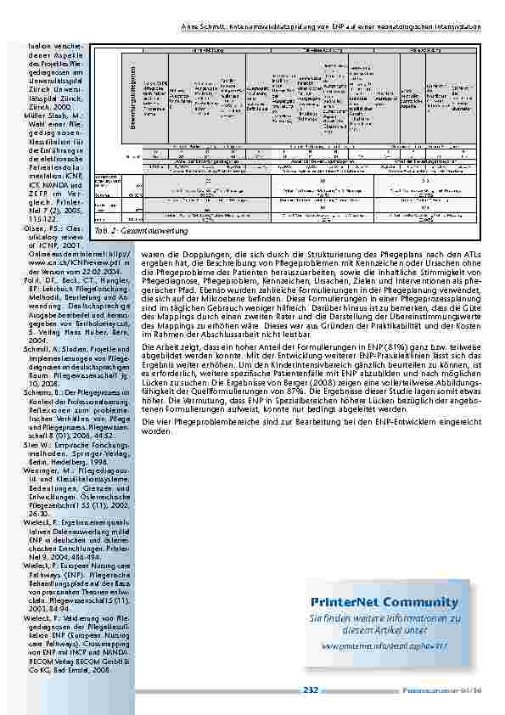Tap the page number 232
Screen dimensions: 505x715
(310, 690)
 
